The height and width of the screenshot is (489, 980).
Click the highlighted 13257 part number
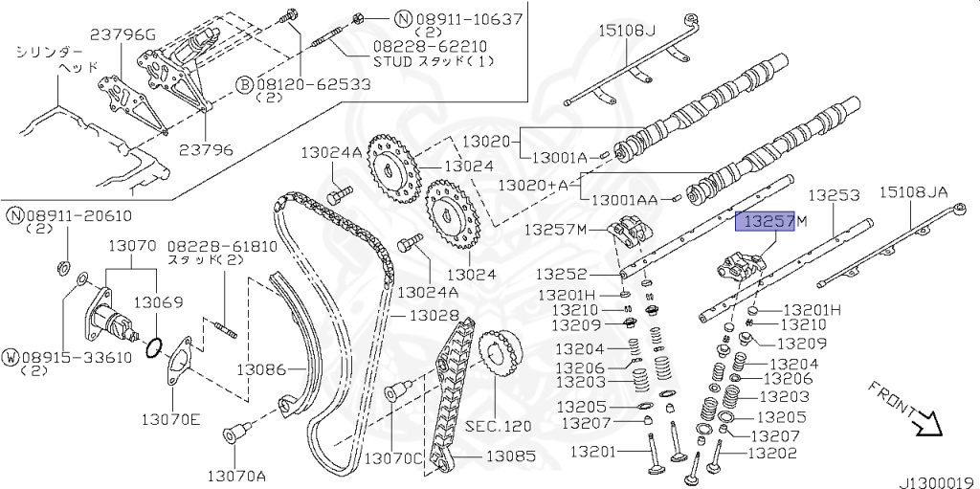[764, 222]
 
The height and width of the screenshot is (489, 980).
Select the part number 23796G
[122, 35]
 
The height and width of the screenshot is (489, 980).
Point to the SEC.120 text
[499, 426]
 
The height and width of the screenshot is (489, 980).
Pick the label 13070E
[173, 417]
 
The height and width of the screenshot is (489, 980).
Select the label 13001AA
[624, 200]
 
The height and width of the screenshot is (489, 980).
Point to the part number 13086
[262, 368]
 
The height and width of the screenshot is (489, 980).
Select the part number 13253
[835, 194]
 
